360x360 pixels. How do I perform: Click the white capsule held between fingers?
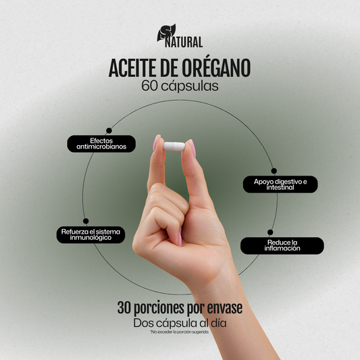click(174, 145)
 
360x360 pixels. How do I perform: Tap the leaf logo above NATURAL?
click(165, 32)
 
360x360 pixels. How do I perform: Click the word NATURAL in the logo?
click(184, 43)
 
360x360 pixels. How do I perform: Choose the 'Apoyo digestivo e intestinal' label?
click(280, 184)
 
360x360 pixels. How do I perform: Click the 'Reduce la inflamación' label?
click(282, 245)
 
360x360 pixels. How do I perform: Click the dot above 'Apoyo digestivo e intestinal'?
click(274, 171)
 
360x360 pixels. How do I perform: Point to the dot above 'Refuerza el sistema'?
click(86, 221)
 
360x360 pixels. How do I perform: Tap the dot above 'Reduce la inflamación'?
click(270, 232)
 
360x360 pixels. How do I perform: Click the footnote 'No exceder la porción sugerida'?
click(180, 332)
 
